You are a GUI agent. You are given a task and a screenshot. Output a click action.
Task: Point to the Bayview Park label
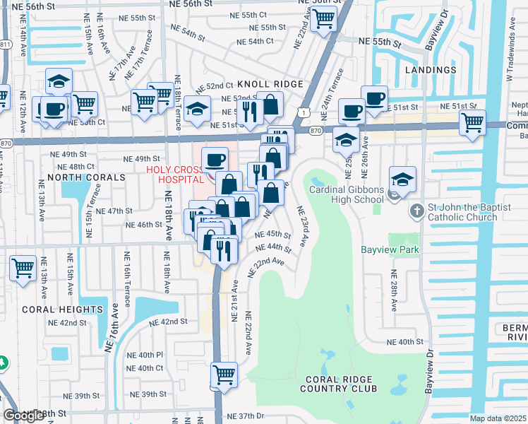tap(390, 249)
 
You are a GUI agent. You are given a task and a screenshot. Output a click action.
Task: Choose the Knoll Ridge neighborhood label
tap(270, 84)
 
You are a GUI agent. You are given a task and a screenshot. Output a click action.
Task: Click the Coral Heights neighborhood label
tap(62, 310)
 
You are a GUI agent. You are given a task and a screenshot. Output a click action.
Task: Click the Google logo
tap(24, 415)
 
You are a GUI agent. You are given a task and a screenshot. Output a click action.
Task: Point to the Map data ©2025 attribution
tap(498, 418)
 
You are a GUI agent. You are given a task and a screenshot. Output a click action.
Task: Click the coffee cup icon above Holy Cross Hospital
tap(215, 158)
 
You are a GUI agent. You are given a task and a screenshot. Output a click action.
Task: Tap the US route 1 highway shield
tap(302, 112)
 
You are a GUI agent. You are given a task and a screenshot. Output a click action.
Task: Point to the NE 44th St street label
tap(274, 248)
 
